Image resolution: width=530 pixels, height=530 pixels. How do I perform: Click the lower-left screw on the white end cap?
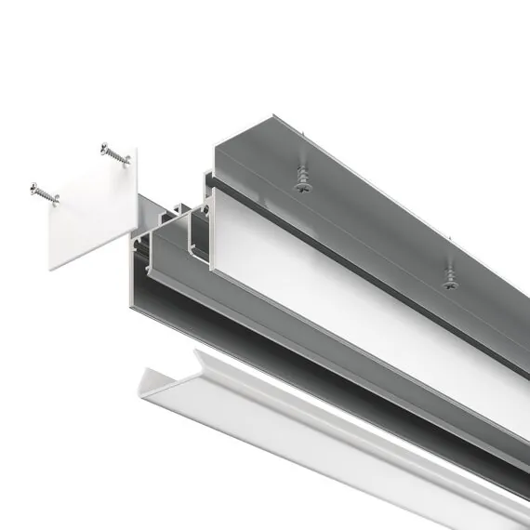[x=43, y=192]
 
